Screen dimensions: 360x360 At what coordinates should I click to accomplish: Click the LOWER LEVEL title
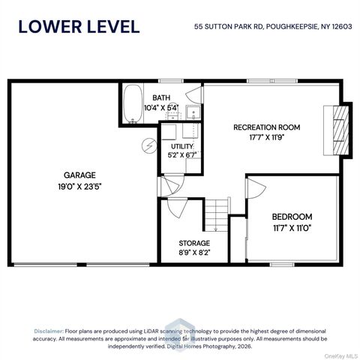tap(79, 27)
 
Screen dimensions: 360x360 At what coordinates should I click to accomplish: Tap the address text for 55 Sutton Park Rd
tap(273, 26)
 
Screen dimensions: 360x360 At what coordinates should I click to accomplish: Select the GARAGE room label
tap(79, 175)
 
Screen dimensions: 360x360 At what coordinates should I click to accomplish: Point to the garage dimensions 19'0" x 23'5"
tap(79, 187)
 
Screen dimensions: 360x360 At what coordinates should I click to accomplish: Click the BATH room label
tap(161, 97)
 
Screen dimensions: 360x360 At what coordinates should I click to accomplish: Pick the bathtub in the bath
tap(133, 104)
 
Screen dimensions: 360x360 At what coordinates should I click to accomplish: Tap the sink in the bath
tap(193, 112)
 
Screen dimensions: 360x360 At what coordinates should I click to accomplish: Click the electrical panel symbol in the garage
tap(149, 145)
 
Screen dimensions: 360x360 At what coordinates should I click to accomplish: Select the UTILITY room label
tap(182, 146)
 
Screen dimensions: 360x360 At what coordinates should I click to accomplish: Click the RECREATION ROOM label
tap(266, 127)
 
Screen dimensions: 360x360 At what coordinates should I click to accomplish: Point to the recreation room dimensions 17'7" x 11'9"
tap(267, 137)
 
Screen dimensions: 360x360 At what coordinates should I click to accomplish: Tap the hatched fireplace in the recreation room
tap(341, 130)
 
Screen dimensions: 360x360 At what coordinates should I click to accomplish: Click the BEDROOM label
tap(292, 217)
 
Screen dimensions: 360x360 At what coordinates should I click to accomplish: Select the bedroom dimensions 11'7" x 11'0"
tap(292, 228)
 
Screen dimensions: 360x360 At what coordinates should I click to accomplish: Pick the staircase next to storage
tap(217, 215)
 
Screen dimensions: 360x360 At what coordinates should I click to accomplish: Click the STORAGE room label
tap(194, 243)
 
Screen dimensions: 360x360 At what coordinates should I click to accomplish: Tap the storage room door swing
tap(178, 208)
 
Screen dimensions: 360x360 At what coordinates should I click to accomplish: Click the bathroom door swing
tap(194, 95)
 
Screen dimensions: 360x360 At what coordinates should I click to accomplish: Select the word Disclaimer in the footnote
tap(49, 331)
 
